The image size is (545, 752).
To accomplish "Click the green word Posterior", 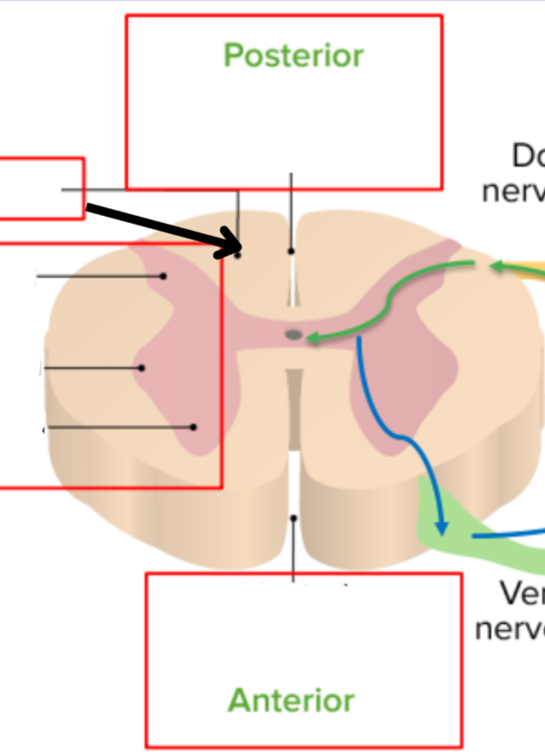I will [293, 56].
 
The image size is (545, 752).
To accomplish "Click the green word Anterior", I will [291, 699].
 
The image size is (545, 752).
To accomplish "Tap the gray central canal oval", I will [294, 336].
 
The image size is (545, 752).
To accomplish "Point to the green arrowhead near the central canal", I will [311, 339].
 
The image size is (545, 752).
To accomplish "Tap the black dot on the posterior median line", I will [291, 251].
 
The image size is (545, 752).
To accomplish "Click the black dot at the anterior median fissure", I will [294, 519].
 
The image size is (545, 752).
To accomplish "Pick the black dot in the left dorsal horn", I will [163, 277].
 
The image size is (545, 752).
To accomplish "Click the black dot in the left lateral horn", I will [142, 368].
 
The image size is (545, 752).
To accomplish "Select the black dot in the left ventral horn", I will [194, 427].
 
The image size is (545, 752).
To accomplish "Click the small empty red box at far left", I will [39, 189].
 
